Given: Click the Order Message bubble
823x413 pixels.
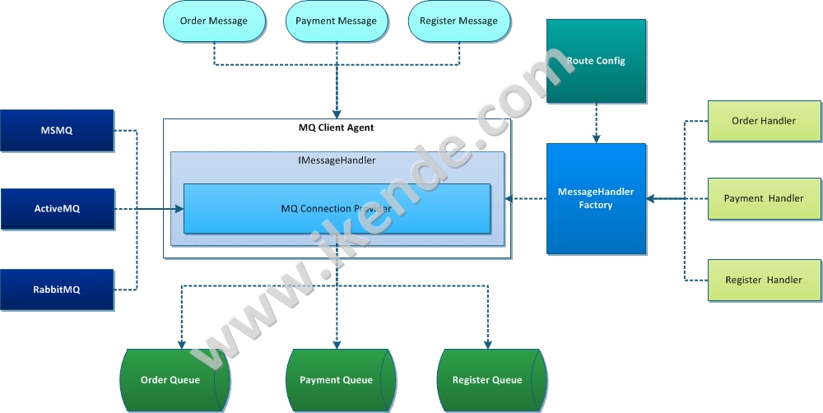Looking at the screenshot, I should (213, 21).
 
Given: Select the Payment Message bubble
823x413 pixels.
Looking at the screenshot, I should (336, 21).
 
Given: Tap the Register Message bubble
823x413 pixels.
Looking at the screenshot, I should (458, 21).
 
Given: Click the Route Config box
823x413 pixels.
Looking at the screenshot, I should (596, 61).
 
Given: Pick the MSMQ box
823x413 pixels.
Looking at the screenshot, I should (57, 130).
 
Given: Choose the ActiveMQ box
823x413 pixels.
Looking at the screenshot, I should (57, 209).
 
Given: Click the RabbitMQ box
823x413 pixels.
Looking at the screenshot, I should (57, 289).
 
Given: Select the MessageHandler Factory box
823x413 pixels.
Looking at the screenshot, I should (596, 198).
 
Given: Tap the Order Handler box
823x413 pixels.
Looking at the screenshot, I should (764, 121).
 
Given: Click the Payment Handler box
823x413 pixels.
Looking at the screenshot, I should (764, 198).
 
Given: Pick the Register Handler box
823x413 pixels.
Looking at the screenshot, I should (764, 280).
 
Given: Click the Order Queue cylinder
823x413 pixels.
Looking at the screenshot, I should (171, 380).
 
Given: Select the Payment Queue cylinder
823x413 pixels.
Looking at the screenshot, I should (336, 380).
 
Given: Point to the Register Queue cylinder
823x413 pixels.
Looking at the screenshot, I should (487, 380).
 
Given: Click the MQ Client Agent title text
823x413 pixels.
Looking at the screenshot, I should (336, 128).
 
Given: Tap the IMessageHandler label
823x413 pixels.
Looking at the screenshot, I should (336, 160).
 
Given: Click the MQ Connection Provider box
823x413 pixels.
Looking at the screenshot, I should (336, 208).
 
